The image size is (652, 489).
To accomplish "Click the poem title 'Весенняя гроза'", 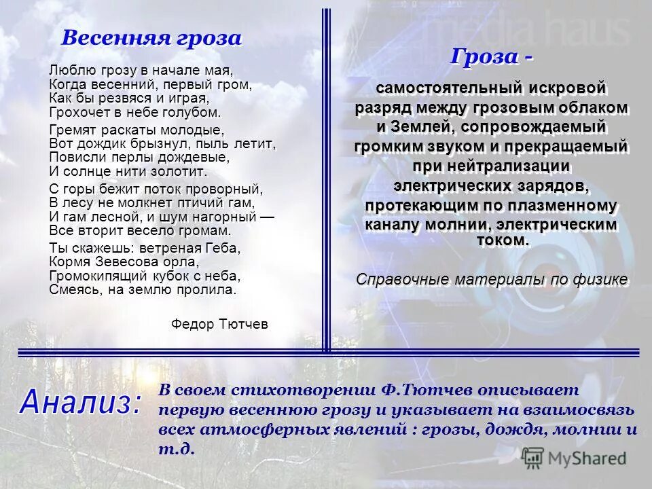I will tap(151, 37).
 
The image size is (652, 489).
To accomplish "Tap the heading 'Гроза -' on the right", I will tap(490, 57).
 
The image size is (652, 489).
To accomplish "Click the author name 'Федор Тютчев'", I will tap(219, 325).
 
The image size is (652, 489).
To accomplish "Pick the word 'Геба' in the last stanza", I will tap(225, 248).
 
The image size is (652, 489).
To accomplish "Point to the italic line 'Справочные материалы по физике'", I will tap(491, 279).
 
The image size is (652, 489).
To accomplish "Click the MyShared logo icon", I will tap(533, 457).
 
